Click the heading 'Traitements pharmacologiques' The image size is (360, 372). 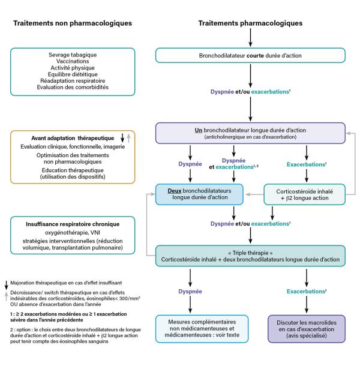(x=250, y=23)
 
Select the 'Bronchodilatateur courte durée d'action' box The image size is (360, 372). (x=250, y=56)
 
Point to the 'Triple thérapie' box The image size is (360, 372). (x=250, y=255)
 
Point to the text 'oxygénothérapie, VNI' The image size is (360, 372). (x=71, y=233)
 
